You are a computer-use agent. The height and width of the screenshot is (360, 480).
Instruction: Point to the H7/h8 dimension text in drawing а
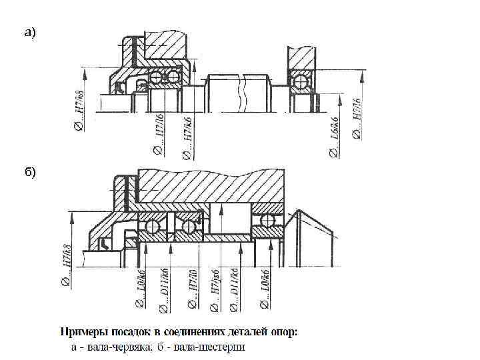[79, 107]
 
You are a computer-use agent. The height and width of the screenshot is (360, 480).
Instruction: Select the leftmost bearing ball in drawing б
[153, 226]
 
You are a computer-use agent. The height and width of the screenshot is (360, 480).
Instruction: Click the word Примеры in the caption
[83, 331]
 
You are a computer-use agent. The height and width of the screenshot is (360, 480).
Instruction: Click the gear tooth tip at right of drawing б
[301, 212]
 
